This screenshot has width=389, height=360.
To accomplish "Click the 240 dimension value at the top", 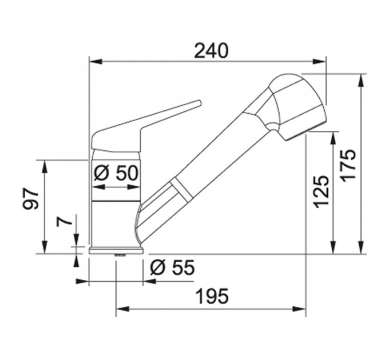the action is [211, 50].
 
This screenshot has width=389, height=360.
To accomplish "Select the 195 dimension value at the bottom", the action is [212, 297].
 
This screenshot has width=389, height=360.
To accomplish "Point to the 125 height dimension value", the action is [321, 191].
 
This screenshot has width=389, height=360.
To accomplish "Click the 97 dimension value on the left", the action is [31, 198].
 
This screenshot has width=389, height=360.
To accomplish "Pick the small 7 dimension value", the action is [64, 222].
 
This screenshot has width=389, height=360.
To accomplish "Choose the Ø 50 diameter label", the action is [116, 173].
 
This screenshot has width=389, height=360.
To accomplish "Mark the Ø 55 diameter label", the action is [173, 267].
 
